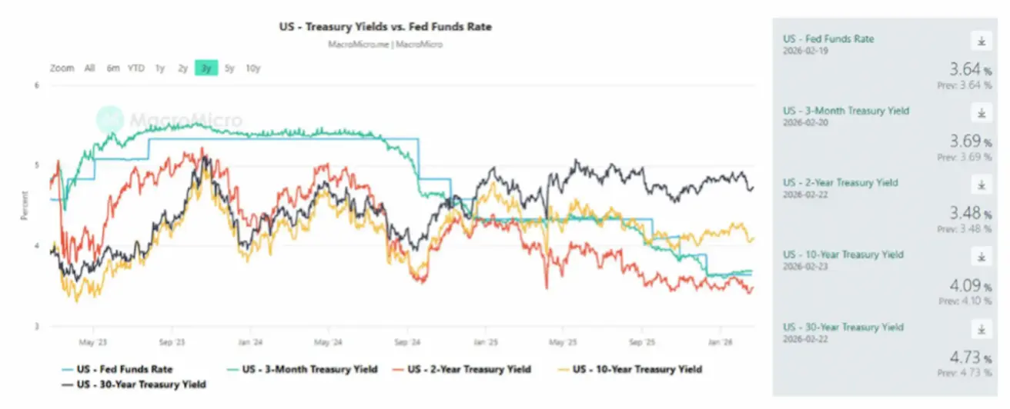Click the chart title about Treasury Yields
(385, 27)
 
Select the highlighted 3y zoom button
(206, 68)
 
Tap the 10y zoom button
(253, 68)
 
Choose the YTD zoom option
(136, 68)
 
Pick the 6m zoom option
(113, 68)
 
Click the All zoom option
(90, 68)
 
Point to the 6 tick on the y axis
(36, 85)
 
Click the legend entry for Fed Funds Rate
(124, 370)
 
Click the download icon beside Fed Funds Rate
(981, 41)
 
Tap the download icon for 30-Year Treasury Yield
(981, 330)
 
